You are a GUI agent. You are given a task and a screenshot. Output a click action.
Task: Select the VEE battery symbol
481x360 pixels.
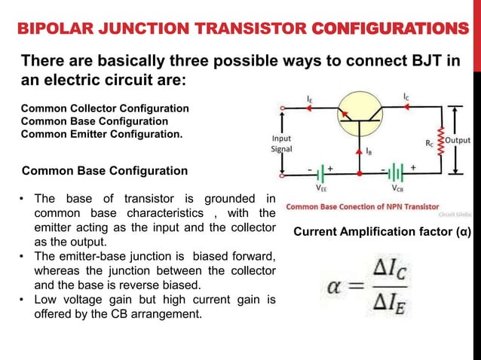(320, 169)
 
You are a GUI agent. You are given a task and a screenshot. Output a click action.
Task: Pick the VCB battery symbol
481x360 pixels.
(395, 169)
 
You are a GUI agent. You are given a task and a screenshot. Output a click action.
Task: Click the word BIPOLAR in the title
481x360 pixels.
(51, 29)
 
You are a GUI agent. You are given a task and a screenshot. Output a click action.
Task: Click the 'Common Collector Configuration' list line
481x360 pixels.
(105, 108)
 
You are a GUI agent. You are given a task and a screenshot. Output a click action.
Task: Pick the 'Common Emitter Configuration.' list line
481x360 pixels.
(101, 135)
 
